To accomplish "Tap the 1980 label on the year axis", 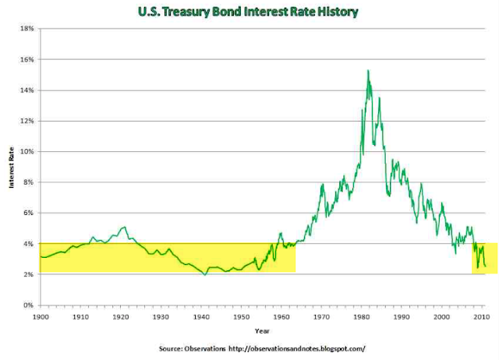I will coord(362,317).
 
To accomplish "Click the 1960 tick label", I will coord(281,317).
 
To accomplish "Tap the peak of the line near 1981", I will coord(367,70).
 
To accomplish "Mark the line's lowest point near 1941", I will coord(204,275).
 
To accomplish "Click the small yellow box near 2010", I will coord(484,259).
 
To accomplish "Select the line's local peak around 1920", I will coord(123,227).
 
